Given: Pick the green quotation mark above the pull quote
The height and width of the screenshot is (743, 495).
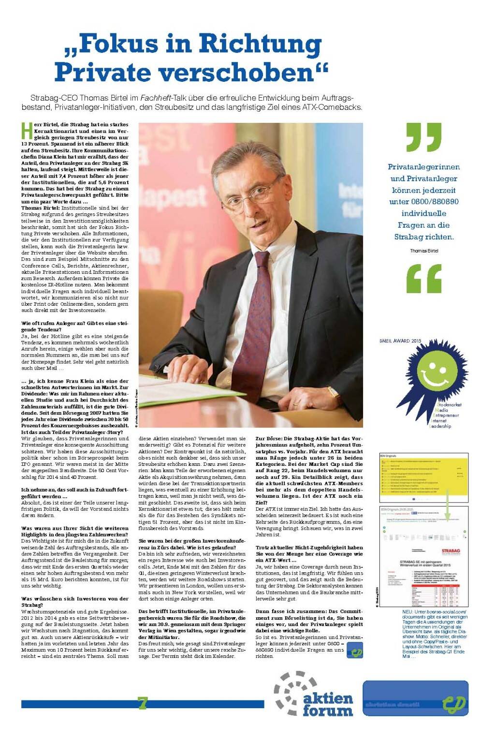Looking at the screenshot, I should pyautogui.click(x=423, y=137).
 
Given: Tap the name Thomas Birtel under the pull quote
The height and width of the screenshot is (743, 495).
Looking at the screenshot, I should pyautogui.click(x=423, y=251).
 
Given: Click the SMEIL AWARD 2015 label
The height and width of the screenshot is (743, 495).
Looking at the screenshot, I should pyautogui.click(x=400, y=341).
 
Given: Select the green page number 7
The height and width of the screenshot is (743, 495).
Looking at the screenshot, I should pyautogui.click(x=142, y=703).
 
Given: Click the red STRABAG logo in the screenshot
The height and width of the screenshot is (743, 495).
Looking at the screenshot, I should pyautogui.click(x=451, y=551).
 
